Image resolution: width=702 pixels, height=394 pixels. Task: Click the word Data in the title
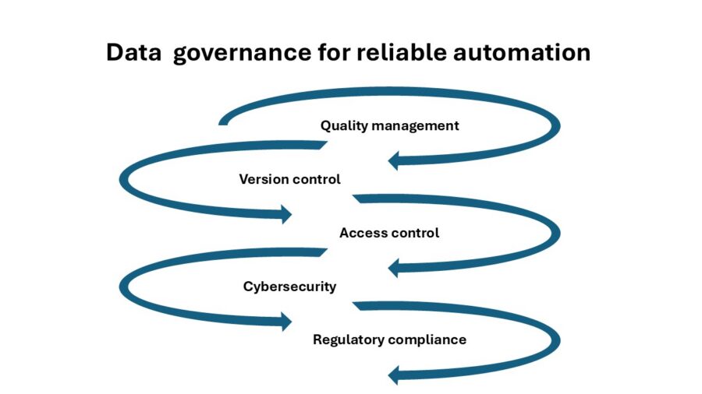point(133,52)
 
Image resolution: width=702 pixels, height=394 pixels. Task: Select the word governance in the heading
point(242,54)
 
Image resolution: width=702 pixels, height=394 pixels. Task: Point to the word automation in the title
point(522,52)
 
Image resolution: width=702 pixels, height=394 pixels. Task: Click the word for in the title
point(334,52)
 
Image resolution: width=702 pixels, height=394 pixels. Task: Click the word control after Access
point(415,233)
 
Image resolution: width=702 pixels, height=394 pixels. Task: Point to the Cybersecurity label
point(289,287)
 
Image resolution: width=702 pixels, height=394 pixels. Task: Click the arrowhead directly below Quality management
point(393,161)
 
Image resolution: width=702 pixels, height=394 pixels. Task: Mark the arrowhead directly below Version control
point(286,214)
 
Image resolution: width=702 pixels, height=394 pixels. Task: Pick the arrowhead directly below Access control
point(393,268)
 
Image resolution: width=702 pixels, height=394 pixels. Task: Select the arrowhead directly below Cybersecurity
point(286,322)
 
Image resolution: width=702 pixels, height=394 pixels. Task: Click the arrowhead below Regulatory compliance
point(393,375)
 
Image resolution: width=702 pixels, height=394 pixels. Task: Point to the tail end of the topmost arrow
point(223,121)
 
